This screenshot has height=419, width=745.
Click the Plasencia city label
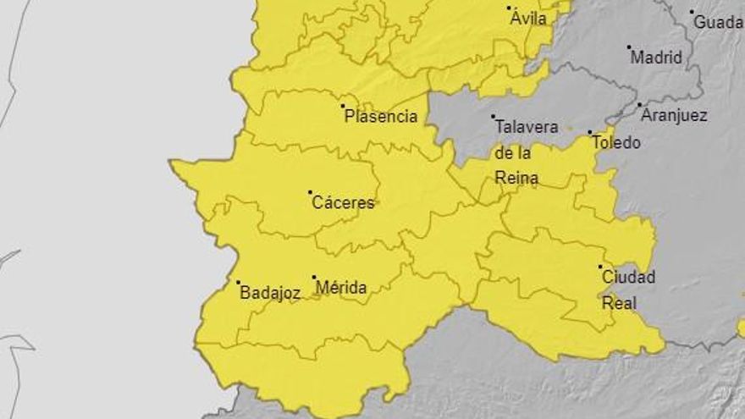pos(381,117)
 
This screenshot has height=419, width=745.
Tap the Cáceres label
pos(343,202)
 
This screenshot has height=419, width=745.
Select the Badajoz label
pos(270,293)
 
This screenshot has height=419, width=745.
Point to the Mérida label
pos(341,288)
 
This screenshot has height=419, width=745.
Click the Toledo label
pos(616,142)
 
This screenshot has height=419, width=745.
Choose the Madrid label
pos(656,58)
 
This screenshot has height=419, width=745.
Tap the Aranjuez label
pos(674,115)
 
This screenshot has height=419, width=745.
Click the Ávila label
pos(528,18)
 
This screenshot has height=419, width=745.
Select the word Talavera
pos(527,127)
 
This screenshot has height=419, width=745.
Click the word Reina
pos(517,179)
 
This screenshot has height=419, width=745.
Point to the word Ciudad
pos(628,277)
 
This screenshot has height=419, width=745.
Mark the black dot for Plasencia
pos(343,106)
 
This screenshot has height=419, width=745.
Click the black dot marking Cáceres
pos(310,192)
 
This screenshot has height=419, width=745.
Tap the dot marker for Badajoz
pos(238,283)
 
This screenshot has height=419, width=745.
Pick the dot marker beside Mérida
pos(314,277)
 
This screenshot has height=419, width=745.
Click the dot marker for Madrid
pos(629,47)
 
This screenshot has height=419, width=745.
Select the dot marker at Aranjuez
pos(639,105)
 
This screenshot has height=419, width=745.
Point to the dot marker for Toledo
pos(590,132)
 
